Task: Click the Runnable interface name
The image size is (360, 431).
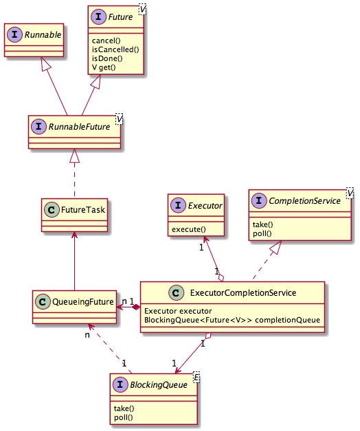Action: coord(43,34)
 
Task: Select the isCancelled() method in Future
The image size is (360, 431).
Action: coord(115,49)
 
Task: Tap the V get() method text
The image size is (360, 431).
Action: coord(104,67)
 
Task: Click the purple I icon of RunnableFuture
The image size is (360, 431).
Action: coord(38,126)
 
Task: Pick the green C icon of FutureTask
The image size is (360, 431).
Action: coord(52,210)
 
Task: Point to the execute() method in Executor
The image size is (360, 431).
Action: coord(189,229)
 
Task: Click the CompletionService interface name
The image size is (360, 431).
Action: coord(304,201)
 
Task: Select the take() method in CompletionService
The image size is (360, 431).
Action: coord(263,224)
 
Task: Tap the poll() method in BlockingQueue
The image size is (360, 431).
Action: coord(123,417)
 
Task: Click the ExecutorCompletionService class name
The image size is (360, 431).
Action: coord(243,293)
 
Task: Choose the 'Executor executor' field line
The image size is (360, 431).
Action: coord(178,311)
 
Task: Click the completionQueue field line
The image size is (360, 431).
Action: coord(232,320)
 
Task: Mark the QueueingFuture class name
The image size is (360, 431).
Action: coord(83,302)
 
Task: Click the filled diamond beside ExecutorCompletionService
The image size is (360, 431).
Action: coord(136,307)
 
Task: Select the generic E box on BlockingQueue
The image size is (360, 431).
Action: coord(196,377)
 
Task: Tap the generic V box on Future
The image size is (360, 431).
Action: coord(142,10)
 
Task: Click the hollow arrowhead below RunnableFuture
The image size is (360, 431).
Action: coord(74,156)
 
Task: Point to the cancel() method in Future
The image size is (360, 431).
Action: coord(106,40)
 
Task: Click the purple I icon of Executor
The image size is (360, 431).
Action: coord(178,205)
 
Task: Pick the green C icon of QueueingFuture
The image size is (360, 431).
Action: coord(43,302)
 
